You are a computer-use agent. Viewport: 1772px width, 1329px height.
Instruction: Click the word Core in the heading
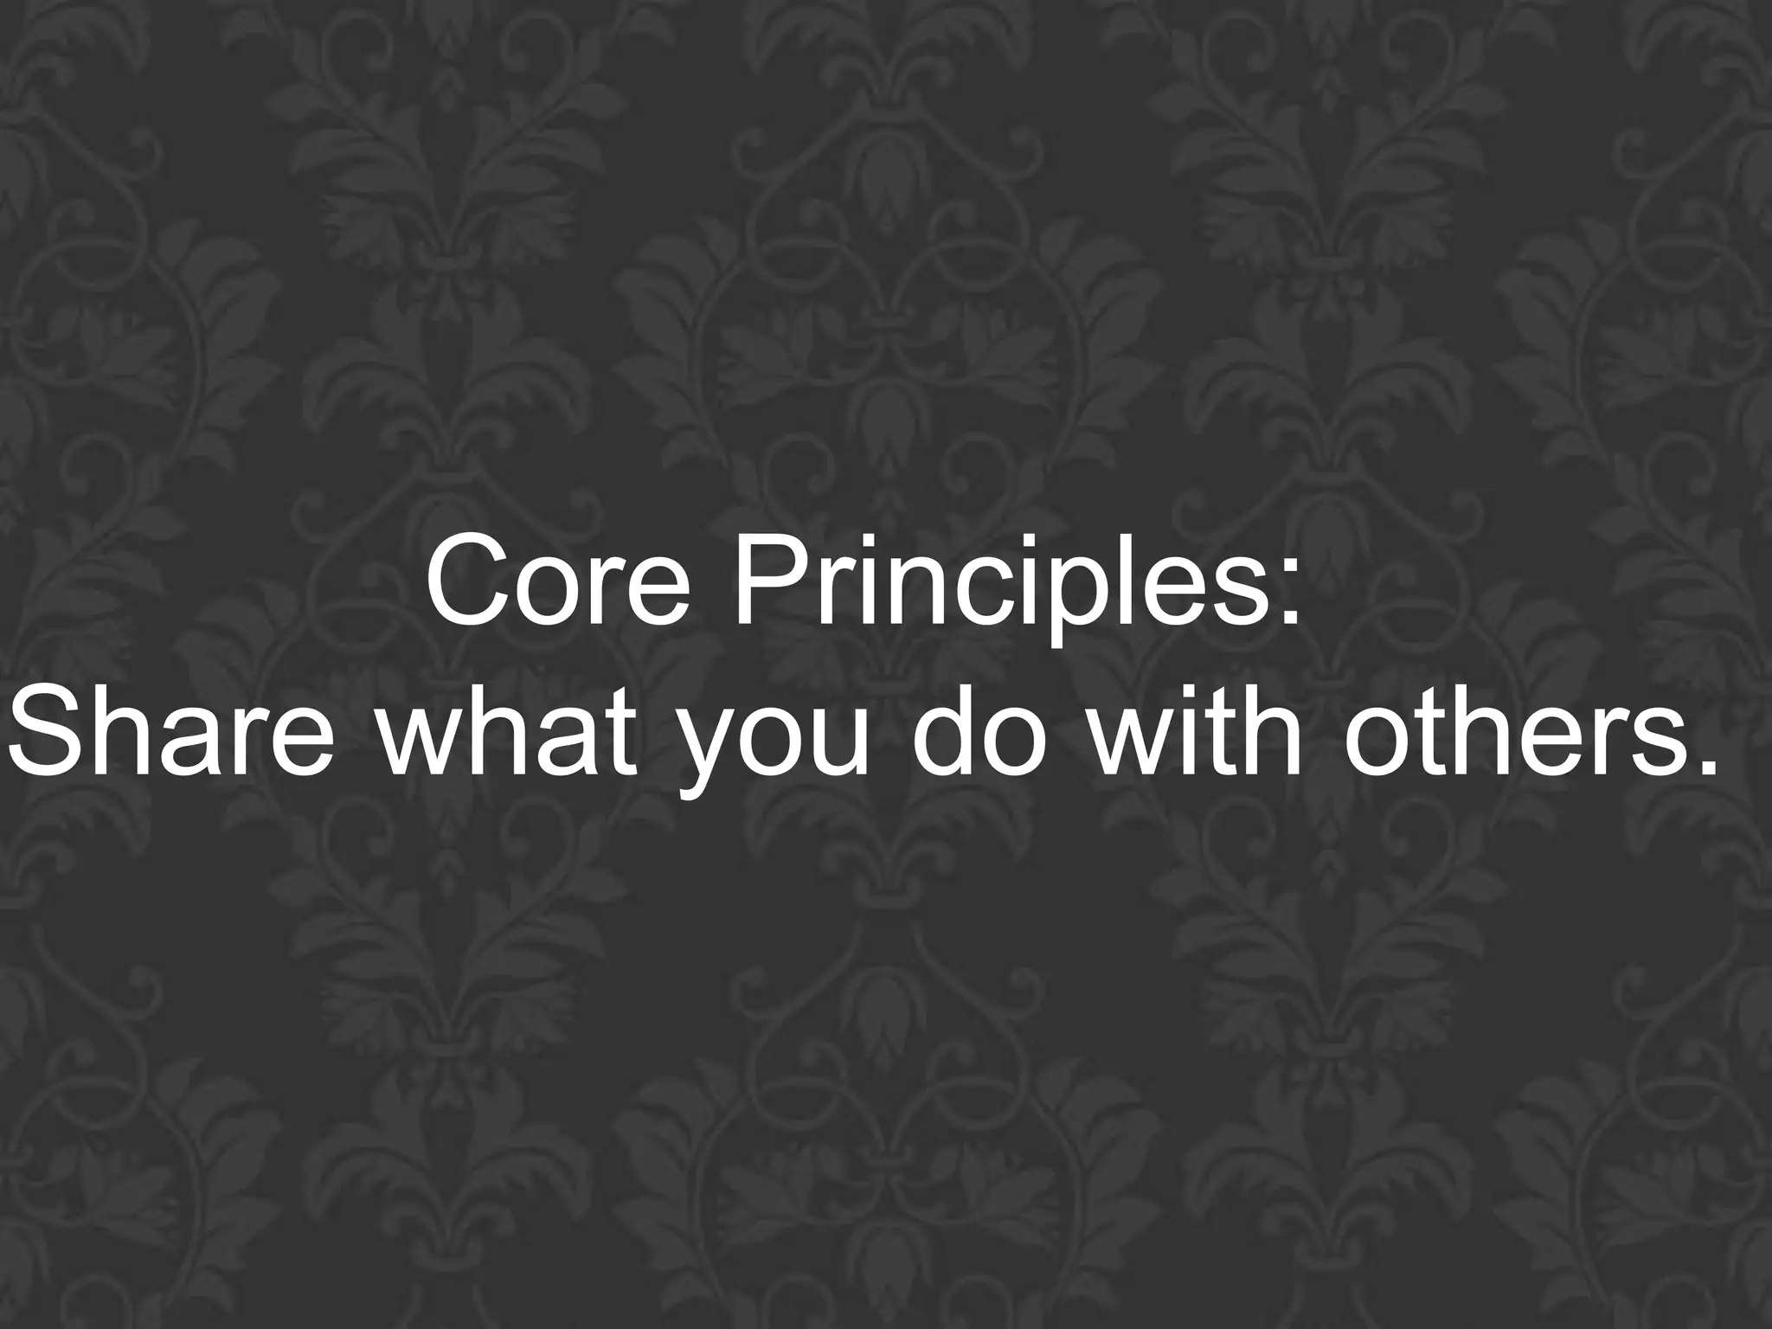click(558, 585)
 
